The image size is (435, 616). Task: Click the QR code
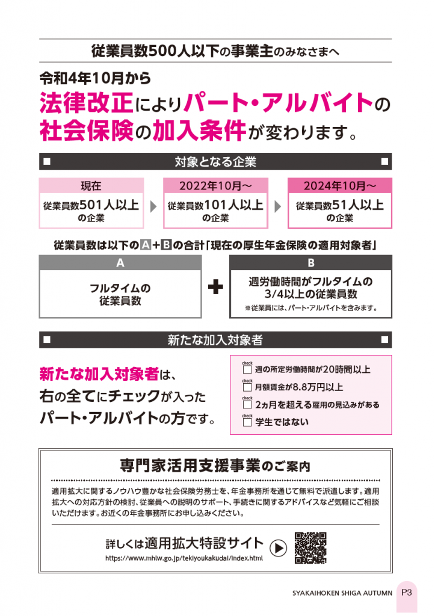[310, 548]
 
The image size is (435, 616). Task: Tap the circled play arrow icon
[278, 548]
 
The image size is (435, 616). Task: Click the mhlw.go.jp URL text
[184, 558]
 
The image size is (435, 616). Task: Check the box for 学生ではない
[247, 422]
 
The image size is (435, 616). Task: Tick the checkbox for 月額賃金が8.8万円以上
[247, 387]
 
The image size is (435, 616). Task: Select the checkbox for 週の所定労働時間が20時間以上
[247, 369]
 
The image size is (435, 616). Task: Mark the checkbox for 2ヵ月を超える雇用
[247, 404]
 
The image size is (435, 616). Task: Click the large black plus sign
[215, 287]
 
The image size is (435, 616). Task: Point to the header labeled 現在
[91, 185]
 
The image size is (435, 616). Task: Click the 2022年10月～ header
[215, 185]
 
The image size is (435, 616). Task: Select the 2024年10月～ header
[340, 185]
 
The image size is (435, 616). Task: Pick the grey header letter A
[120, 263]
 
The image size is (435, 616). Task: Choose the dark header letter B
[311, 263]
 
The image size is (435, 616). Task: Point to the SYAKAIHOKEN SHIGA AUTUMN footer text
[342, 593]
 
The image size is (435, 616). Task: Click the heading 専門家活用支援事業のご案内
[215, 466]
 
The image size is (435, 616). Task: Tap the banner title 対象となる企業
[215, 161]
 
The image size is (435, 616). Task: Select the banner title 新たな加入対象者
[215, 340]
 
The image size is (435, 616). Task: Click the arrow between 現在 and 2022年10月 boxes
[153, 206]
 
